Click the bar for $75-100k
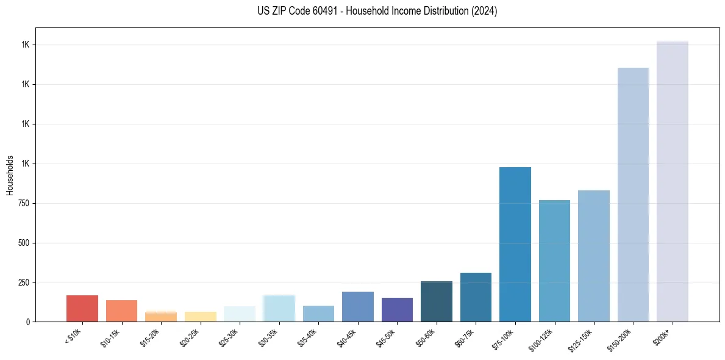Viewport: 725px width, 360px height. pos(515,244)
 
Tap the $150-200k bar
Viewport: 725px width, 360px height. pos(633,195)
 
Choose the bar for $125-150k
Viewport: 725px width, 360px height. pos(593,256)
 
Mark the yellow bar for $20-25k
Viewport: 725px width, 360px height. pos(201,317)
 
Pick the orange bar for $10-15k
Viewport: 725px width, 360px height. pos(121,311)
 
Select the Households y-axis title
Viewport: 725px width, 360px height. pos(10,175)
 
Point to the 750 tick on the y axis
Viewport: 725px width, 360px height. pos(24,203)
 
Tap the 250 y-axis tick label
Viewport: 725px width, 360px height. pos(24,283)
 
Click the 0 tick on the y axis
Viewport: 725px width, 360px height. pos(28,322)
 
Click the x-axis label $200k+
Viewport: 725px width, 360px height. pos(663,334)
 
